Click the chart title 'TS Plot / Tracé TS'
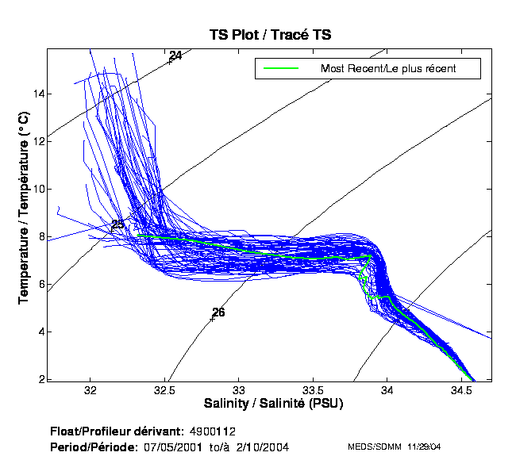click(270, 35)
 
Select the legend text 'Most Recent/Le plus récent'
click(388, 69)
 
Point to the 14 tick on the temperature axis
click(38, 94)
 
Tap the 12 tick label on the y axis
click(38, 142)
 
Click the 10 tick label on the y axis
click(38, 190)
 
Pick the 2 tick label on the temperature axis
click(40, 379)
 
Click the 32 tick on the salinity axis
click(90, 391)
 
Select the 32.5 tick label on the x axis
click(164, 391)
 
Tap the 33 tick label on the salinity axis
click(239, 391)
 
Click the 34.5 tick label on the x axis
click(461, 391)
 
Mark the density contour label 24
click(175, 56)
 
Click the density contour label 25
click(117, 225)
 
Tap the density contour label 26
click(218, 312)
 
